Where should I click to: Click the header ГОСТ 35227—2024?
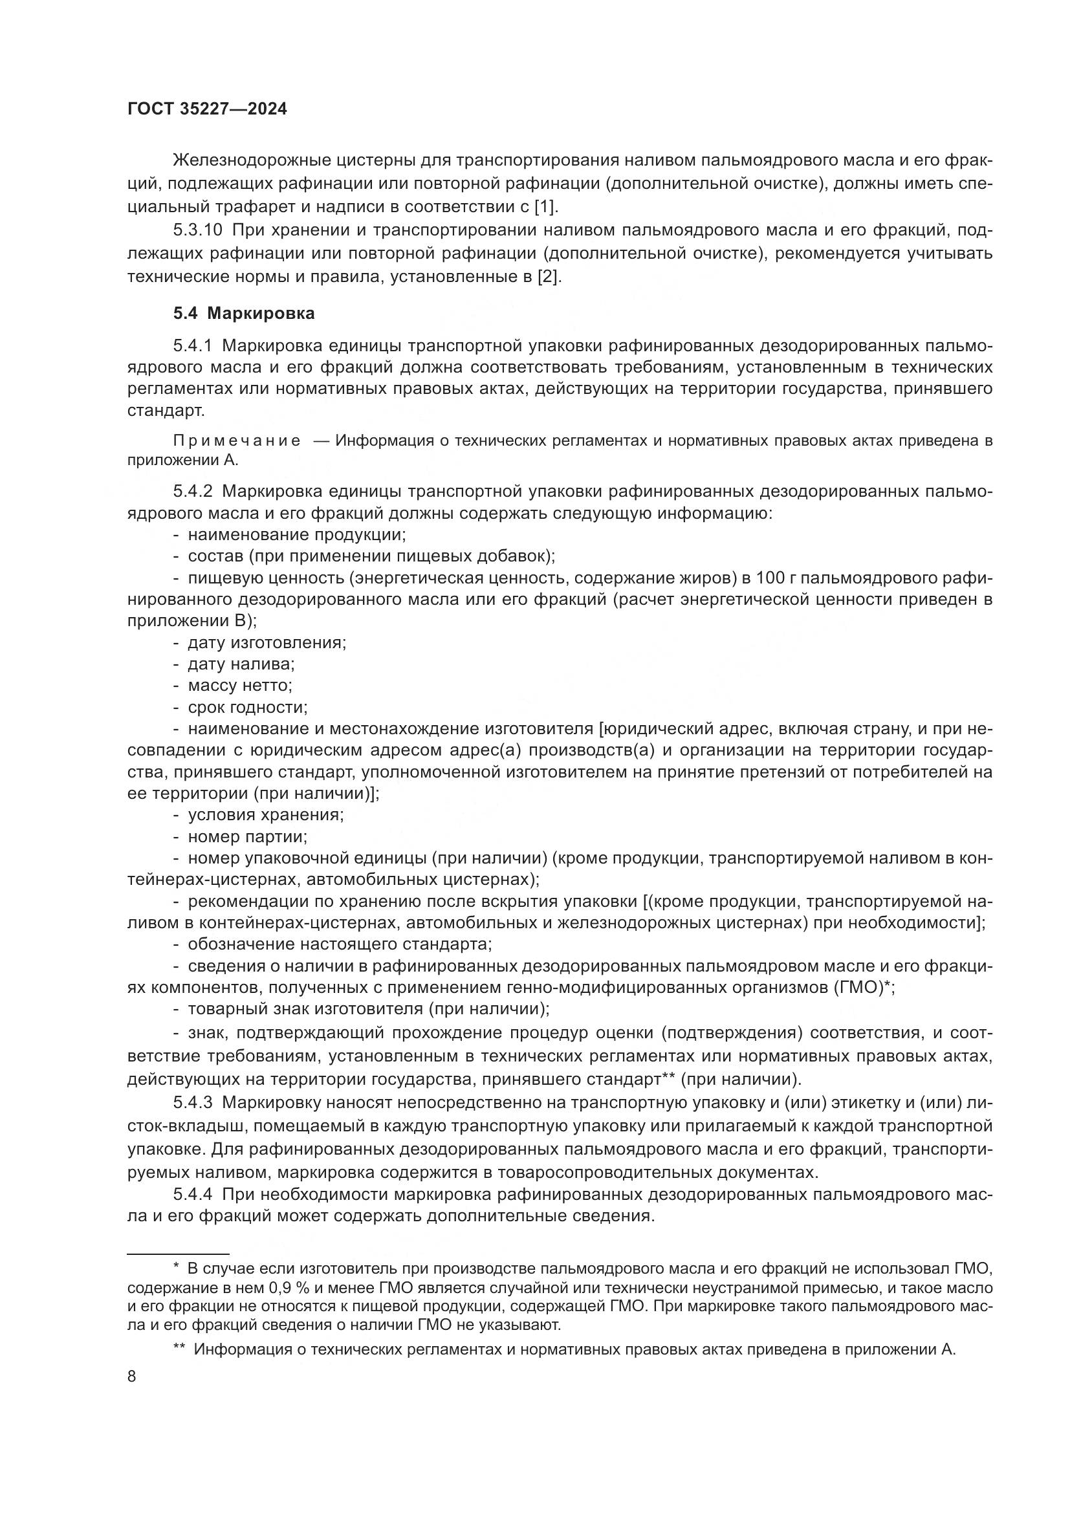(x=207, y=109)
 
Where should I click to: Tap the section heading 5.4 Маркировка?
(x=244, y=314)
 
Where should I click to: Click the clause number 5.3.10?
(x=198, y=231)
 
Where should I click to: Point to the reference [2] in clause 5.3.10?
(x=549, y=277)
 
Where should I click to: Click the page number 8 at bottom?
(x=132, y=1377)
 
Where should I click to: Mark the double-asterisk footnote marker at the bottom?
(x=179, y=1349)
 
